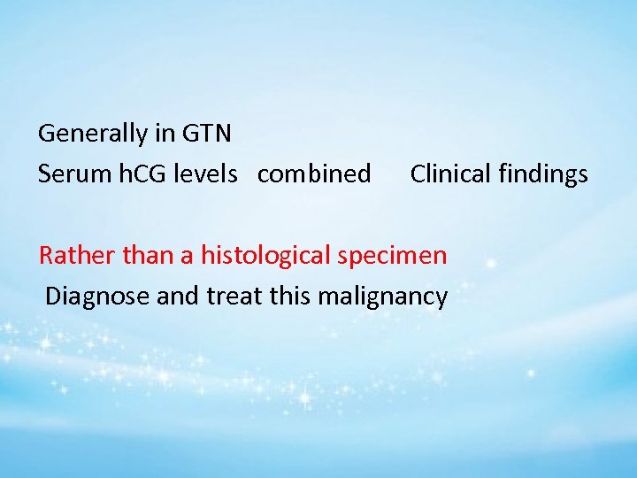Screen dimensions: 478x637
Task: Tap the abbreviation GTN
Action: tap(206, 134)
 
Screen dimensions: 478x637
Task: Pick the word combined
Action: tap(314, 174)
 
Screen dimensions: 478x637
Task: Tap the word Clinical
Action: tap(449, 174)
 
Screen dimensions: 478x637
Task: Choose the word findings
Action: tap(541, 174)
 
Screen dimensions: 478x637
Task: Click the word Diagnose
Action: tap(97, 297)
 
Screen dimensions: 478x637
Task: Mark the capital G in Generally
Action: tap(47, 134)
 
